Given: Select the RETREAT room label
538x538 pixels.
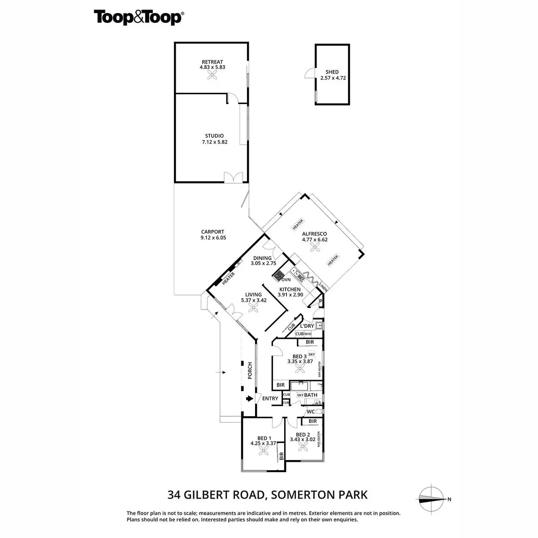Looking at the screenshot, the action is tap(212, 62).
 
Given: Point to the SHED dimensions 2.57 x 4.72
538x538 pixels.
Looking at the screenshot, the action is tap(333, 78).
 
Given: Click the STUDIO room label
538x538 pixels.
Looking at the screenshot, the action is tap(214, 136).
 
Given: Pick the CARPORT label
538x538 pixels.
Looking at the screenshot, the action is tap(213, 232).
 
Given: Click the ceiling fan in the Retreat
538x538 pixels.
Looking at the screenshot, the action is tap(212, 76).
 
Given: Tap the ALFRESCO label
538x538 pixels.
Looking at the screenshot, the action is tap(314, 234).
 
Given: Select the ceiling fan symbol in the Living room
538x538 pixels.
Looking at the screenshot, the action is tap(254, 308).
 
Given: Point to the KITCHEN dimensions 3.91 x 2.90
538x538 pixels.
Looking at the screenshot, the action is tap(291, 295).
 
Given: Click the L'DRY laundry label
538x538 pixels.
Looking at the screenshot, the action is tap(307, 326).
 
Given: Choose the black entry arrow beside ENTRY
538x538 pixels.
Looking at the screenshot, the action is tap(249, 398).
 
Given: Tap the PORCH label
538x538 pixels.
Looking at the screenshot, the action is tap(250, 370).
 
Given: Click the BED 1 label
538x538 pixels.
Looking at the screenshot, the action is tap(264, 438).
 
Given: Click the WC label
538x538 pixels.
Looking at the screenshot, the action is tap(310, 412).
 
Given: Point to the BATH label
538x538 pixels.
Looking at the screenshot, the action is tap(311, 395).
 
